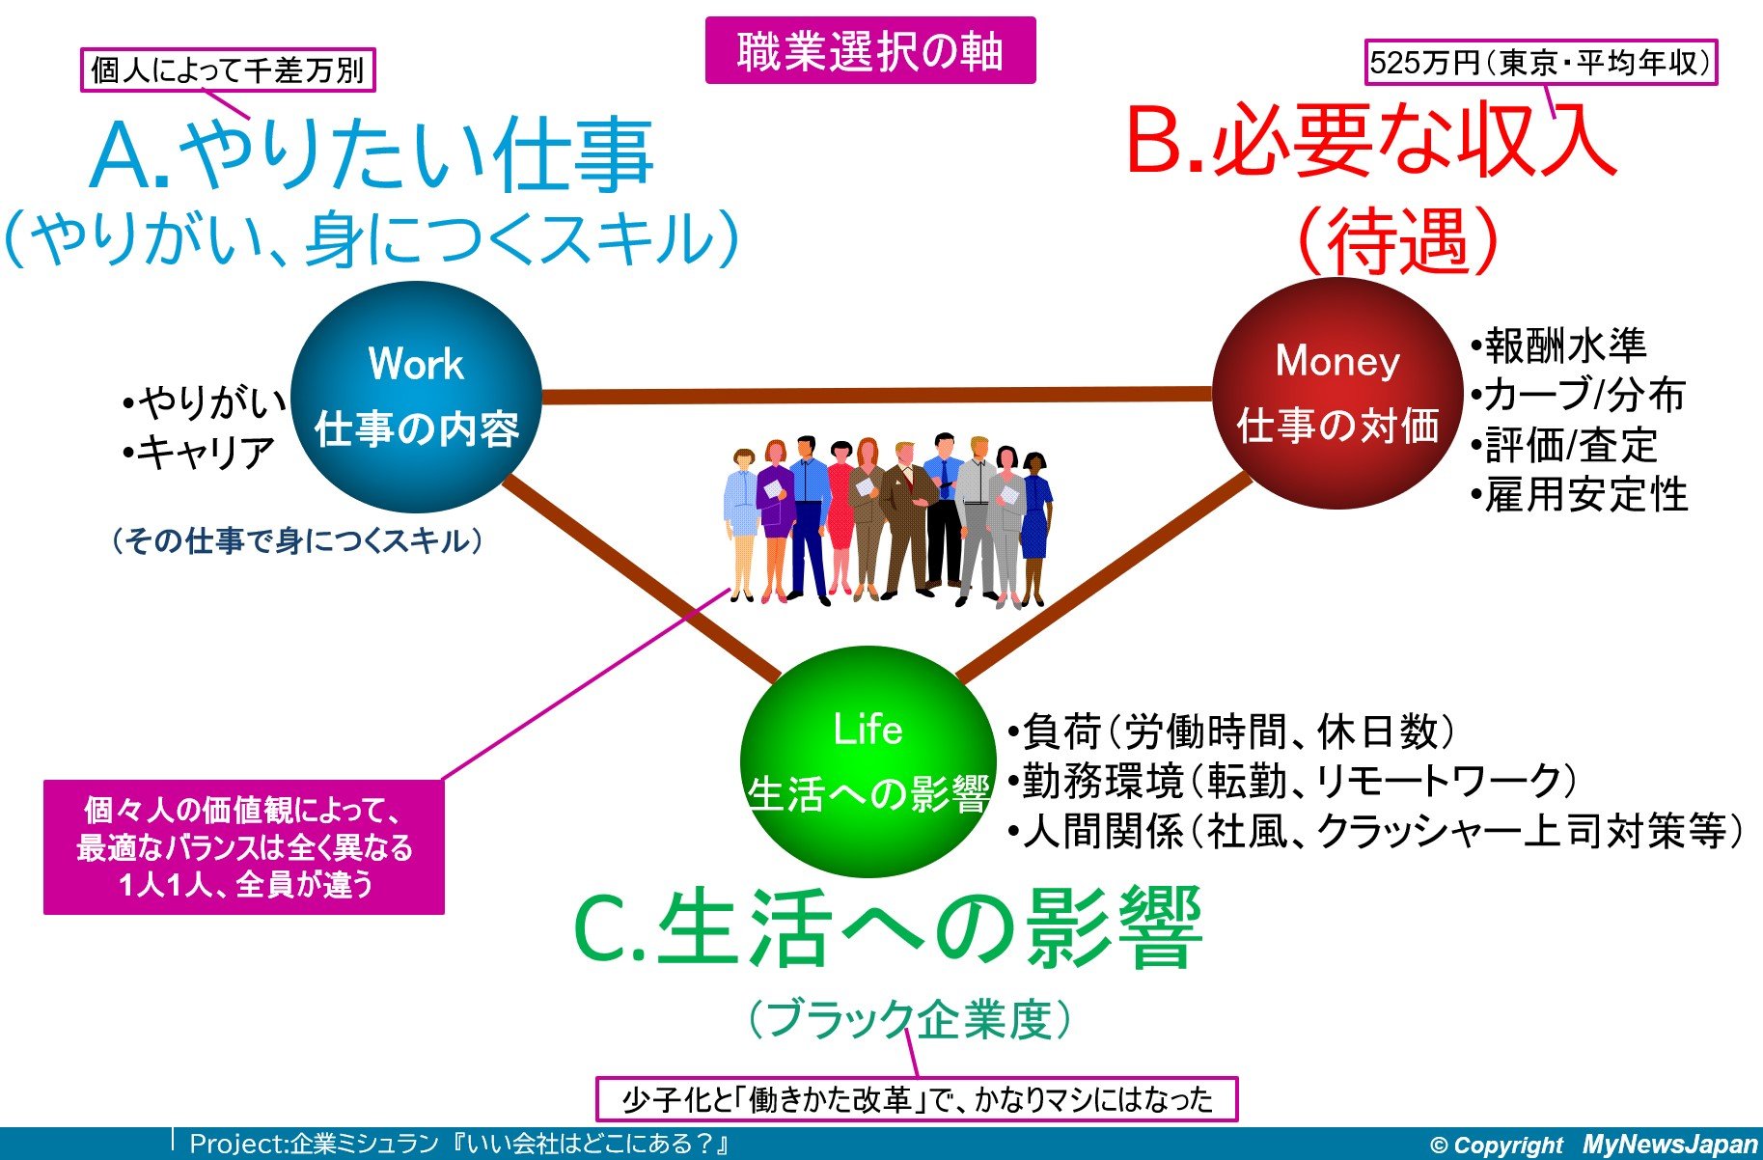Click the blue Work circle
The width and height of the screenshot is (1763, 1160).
pos(416,397)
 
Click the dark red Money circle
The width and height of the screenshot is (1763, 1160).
pos(1337,393)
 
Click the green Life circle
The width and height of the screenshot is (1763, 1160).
pos(868,761)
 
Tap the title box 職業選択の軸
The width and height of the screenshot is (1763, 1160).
pos(870,50)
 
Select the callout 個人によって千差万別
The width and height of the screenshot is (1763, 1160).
pos(228,69)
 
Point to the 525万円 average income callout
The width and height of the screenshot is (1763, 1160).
pos(1540,63)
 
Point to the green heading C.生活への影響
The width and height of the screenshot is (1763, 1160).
pos(888,928)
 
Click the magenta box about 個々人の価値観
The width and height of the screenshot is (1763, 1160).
pos(244,847)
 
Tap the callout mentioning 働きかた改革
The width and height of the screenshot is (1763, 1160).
pos(917,1099)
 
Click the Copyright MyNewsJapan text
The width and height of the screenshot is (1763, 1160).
pos(1593,1145)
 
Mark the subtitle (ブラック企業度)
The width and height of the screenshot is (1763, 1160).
pos(910,1019)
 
